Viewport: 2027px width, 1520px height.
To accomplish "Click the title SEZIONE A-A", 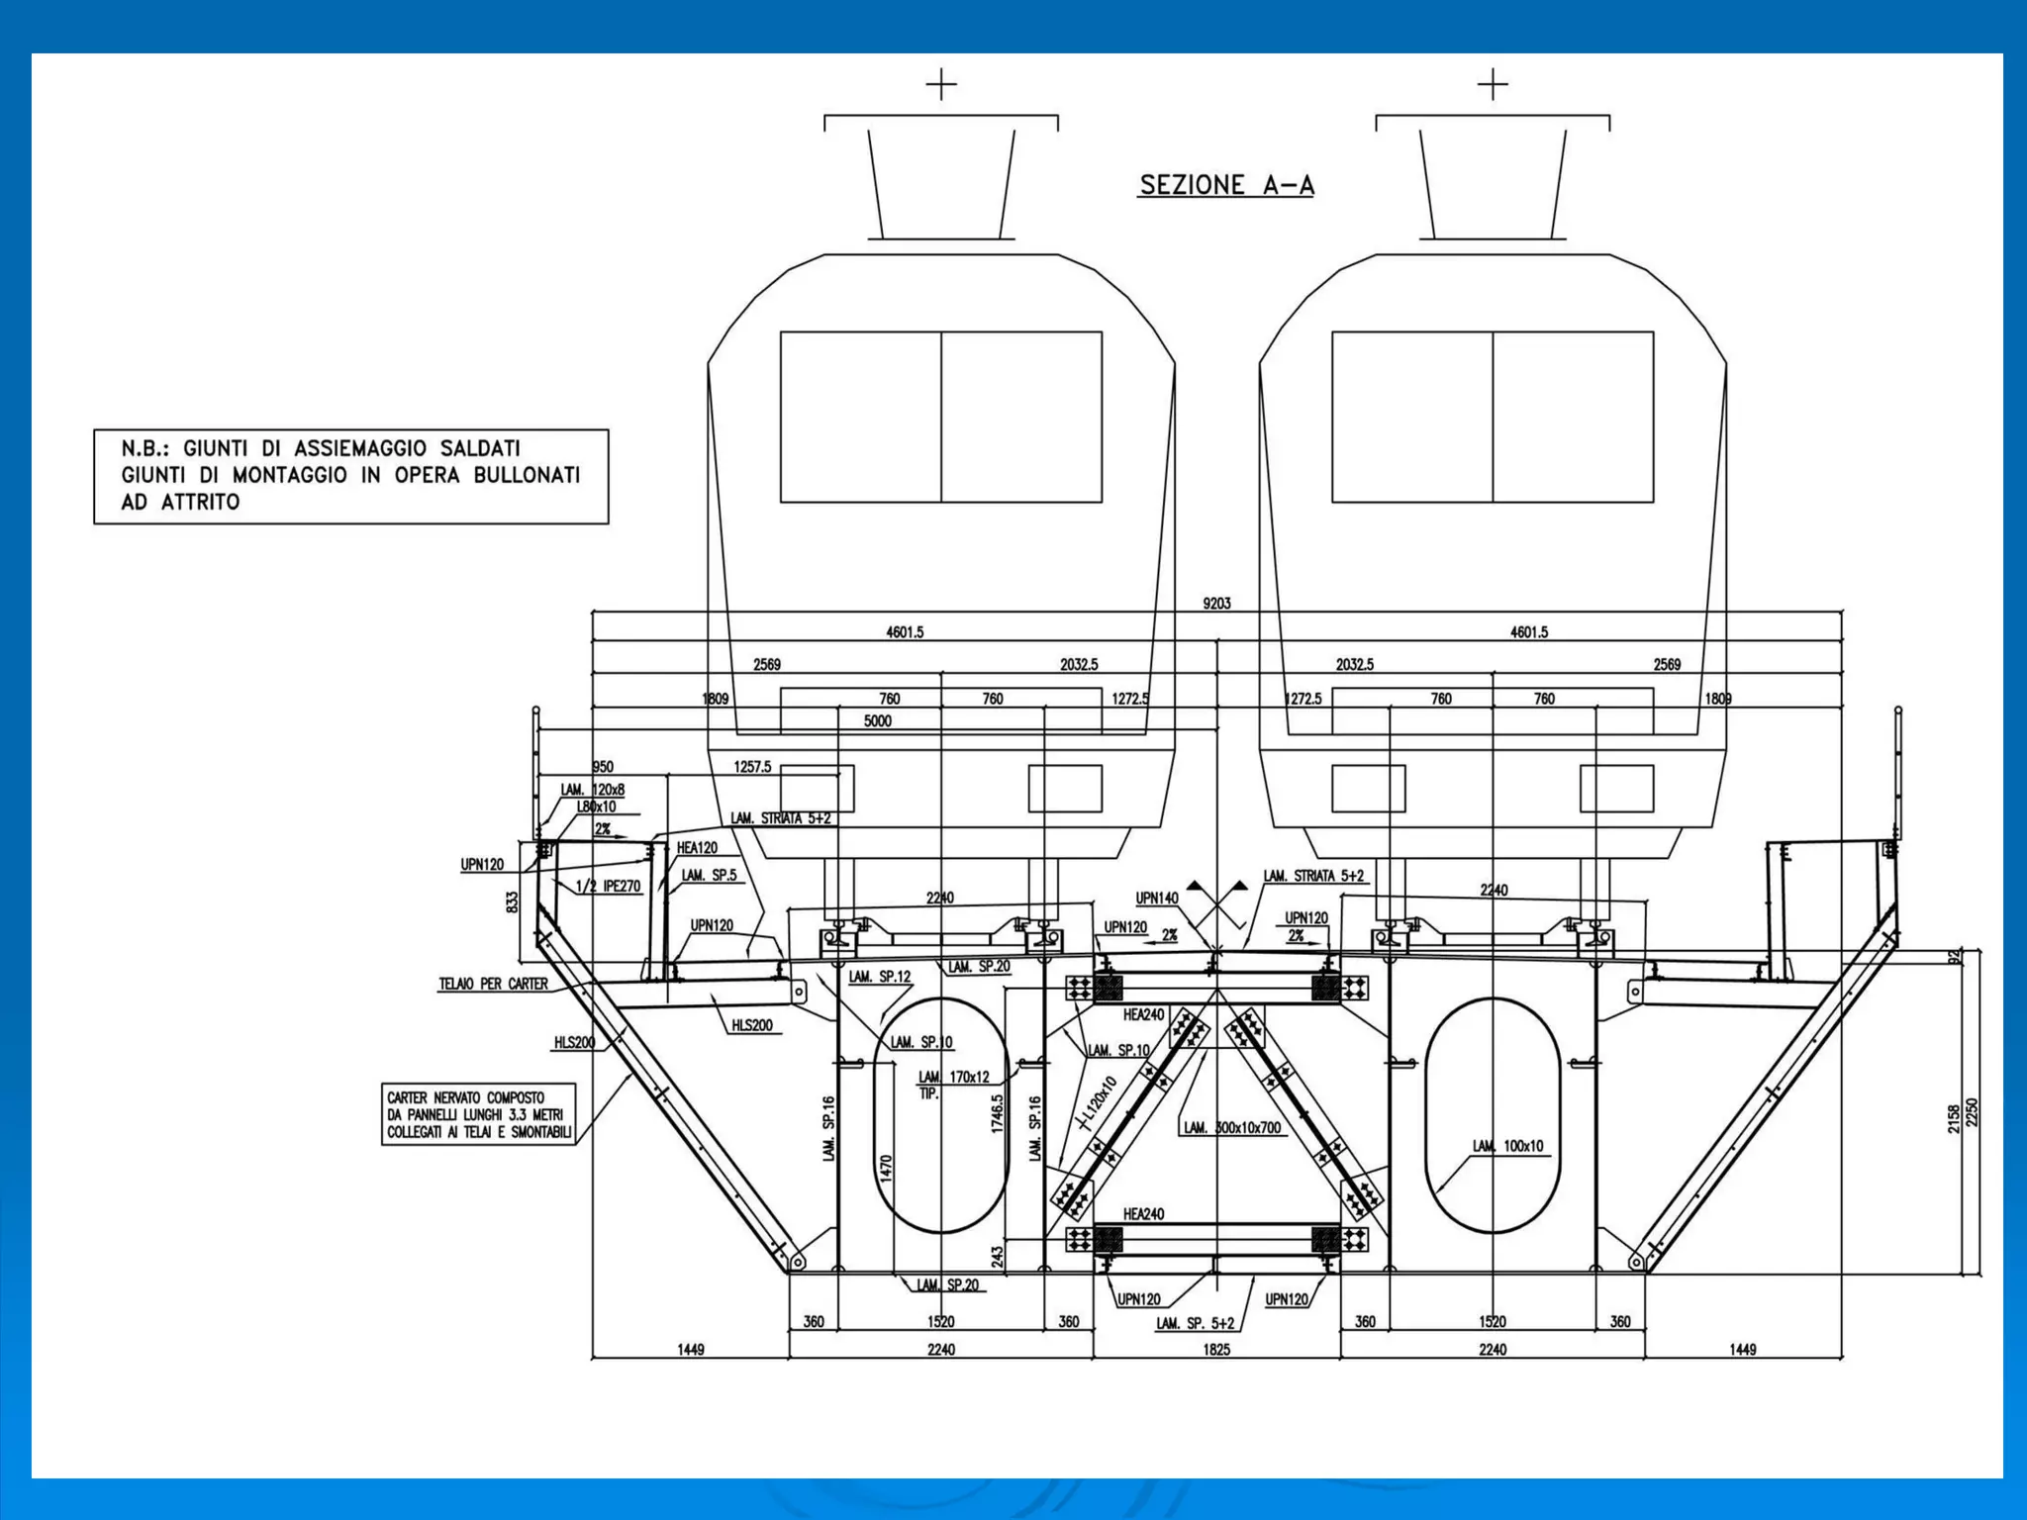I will tap(1226, 185).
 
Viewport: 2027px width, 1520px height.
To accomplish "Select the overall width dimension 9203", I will tap(1216, 604).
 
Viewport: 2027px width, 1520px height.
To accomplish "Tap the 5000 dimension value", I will tap(877, 721).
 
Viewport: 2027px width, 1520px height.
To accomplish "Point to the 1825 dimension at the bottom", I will tap(1216, 1349).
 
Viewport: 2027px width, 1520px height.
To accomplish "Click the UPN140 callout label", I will tap(1157, 899).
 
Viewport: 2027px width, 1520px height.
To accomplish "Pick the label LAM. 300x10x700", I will tap(1232, 1128).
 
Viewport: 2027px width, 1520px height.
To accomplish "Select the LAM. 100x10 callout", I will tap(1507, 1146).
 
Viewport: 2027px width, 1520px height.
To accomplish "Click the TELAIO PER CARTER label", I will tap(493, 985).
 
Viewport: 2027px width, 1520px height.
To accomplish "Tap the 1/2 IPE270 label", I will tap(608, 887).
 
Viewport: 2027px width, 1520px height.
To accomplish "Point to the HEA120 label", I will tap(697, 848).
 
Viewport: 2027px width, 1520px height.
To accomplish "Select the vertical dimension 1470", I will tap(887, 1169).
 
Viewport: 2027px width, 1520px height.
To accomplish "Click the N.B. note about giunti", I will tap(350, 476).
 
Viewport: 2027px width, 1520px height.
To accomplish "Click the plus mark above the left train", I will tap(941, 85).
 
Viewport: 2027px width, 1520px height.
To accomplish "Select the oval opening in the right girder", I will tap(1493, 1115).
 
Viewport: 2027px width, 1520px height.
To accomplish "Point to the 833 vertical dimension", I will tap(512, 902).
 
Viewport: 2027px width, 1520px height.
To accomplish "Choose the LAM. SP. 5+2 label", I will tap(1196, 1323).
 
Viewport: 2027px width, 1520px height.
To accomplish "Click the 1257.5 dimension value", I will tap(752, 767).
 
